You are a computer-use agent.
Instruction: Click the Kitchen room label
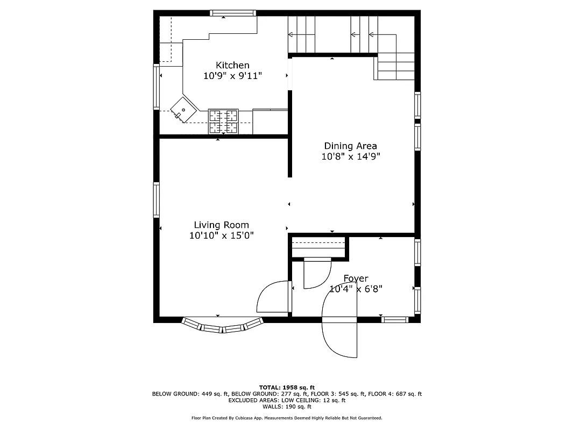pos(232,65)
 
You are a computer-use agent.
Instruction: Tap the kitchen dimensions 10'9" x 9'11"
pos(232,76)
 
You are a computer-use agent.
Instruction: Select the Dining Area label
pos(350,146)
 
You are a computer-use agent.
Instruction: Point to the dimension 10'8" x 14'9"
pos(350,157)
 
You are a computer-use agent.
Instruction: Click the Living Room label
pos(221,225)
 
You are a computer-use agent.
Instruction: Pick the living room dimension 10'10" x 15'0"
pos(221,235)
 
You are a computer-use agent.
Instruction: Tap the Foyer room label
pos(356,278)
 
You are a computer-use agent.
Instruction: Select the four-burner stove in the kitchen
pos(223,121)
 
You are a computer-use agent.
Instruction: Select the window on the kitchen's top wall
pos(231,13)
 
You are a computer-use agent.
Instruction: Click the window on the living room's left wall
pos(157,199)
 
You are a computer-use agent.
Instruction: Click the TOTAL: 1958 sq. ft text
pos(287,387)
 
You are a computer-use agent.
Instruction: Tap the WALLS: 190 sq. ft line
pos(287,407)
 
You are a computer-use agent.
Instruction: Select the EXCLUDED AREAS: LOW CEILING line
pos(287,400)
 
